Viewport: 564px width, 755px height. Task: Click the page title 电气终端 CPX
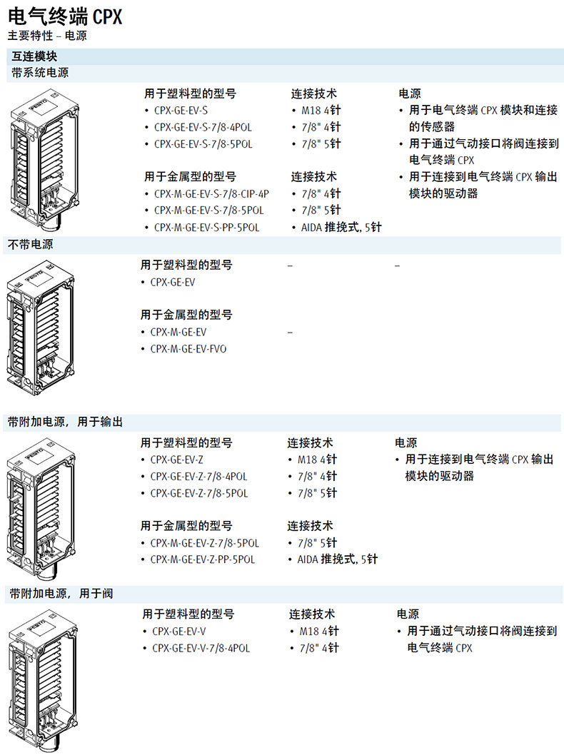65,16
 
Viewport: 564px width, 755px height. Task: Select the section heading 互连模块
34,56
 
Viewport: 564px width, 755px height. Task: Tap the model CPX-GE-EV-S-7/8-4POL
203,127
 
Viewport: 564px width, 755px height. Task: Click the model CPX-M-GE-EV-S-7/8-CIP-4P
211,193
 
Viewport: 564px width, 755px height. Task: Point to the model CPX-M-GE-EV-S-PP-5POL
206,228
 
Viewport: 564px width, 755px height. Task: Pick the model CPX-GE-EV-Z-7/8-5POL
199,493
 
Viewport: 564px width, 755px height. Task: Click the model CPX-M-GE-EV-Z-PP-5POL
203,559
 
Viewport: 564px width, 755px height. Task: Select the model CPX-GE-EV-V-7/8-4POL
201,649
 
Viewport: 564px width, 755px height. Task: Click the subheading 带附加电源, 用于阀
61,594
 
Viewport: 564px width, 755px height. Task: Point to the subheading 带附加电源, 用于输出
66,422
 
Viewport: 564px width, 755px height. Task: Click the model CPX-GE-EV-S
181,110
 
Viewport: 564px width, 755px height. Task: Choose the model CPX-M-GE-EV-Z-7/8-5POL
205,543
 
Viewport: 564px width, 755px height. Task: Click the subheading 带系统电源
40,73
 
